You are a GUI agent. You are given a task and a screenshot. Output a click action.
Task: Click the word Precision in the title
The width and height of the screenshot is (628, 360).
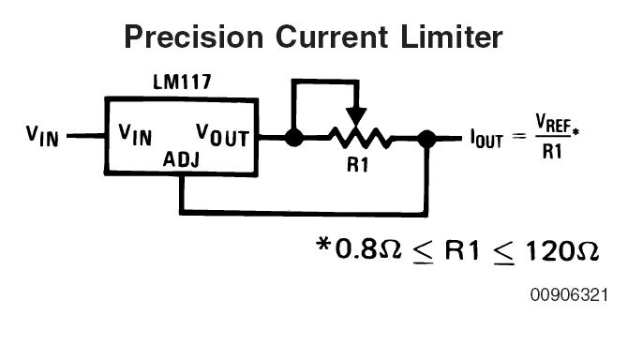(194, 37)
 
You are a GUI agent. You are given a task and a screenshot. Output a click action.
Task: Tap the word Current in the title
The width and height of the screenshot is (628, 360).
(332, 37)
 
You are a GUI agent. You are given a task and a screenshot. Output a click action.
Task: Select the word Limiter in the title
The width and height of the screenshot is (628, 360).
(452, 37)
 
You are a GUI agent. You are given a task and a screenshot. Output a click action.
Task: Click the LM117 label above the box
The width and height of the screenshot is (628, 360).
(182, 82)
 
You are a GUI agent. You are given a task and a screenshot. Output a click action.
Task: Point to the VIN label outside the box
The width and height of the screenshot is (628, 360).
(42, 136)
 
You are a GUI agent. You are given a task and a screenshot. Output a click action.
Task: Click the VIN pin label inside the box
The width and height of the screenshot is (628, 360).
(135, 135)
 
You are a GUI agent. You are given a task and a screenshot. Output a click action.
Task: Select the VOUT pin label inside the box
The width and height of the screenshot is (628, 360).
(223, 135)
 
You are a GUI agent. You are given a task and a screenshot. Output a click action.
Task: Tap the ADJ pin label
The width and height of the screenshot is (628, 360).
(181, 159)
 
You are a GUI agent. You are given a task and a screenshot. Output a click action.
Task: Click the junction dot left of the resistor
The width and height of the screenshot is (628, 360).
(294, 138)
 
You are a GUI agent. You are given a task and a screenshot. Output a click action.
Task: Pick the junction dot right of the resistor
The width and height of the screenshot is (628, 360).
(426, 139)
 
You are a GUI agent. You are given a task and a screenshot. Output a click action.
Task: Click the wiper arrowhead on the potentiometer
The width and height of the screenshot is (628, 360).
(356, 116)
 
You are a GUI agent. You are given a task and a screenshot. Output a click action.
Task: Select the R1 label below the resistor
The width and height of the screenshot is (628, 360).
(358, 165)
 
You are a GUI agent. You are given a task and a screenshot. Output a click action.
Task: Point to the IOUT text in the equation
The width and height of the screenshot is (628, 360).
(486, 139)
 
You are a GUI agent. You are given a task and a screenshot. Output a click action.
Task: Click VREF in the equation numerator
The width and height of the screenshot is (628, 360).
(553, 123)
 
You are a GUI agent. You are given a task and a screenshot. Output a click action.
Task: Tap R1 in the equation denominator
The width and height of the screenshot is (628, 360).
(552, 151)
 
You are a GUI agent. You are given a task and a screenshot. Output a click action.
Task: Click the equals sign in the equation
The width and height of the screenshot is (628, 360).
(519, 136)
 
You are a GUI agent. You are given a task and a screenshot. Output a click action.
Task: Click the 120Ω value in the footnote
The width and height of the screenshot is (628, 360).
(561, 251)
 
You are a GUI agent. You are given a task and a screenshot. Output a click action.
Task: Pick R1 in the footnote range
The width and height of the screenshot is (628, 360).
(462, 250)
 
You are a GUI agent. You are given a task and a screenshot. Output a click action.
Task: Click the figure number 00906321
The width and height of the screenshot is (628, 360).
(569, 295)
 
